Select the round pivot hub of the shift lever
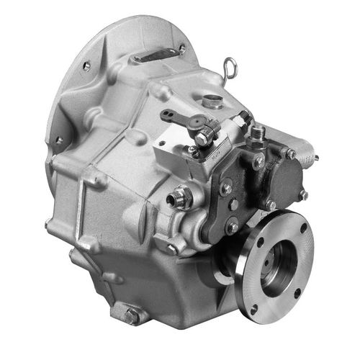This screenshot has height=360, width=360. [x=195, y=125]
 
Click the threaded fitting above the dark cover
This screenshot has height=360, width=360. [x=257, y=133]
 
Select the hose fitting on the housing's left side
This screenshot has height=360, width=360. [x=181, y=196]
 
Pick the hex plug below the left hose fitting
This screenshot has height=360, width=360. [x=173, y=246]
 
